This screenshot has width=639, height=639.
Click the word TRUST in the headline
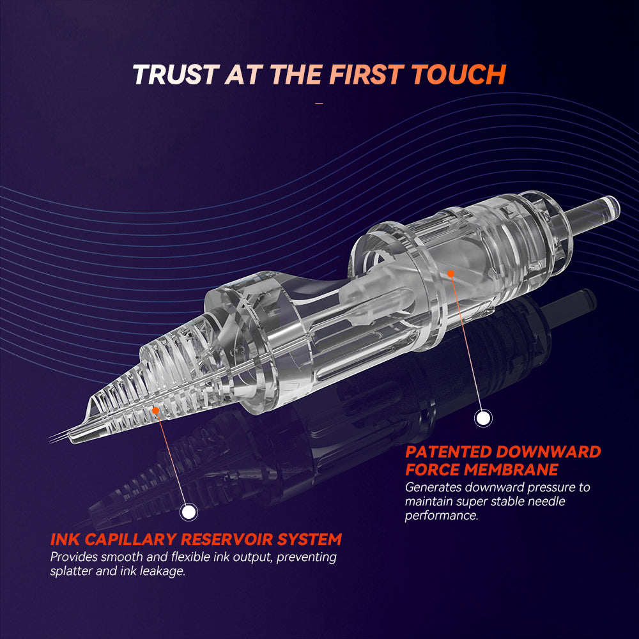click(176, 75)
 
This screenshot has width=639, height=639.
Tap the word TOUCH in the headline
click(459, 75)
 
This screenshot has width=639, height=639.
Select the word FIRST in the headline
click(366, 75)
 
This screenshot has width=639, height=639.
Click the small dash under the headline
click(319, 104)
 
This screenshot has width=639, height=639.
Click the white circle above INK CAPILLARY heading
click(189, 512)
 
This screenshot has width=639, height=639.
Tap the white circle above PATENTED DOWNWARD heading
click(483, 418)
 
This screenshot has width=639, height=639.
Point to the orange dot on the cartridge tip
click(155, 410)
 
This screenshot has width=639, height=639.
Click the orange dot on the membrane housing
click(450, 274)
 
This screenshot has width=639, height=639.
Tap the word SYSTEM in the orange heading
click(310, 539)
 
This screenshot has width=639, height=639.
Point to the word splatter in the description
click(71, 571)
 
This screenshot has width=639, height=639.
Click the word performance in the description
click(442, 516)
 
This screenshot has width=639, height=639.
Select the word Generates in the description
click(433, 488)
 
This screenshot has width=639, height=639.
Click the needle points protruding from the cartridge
click(58, 438)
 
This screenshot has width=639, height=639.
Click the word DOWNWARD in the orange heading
click(548, 452)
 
